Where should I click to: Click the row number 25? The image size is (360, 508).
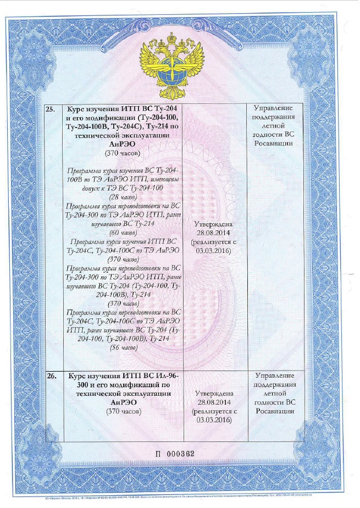[50, 108]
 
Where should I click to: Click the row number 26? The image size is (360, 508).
[50, 376]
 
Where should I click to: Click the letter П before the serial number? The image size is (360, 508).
[160, 454]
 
